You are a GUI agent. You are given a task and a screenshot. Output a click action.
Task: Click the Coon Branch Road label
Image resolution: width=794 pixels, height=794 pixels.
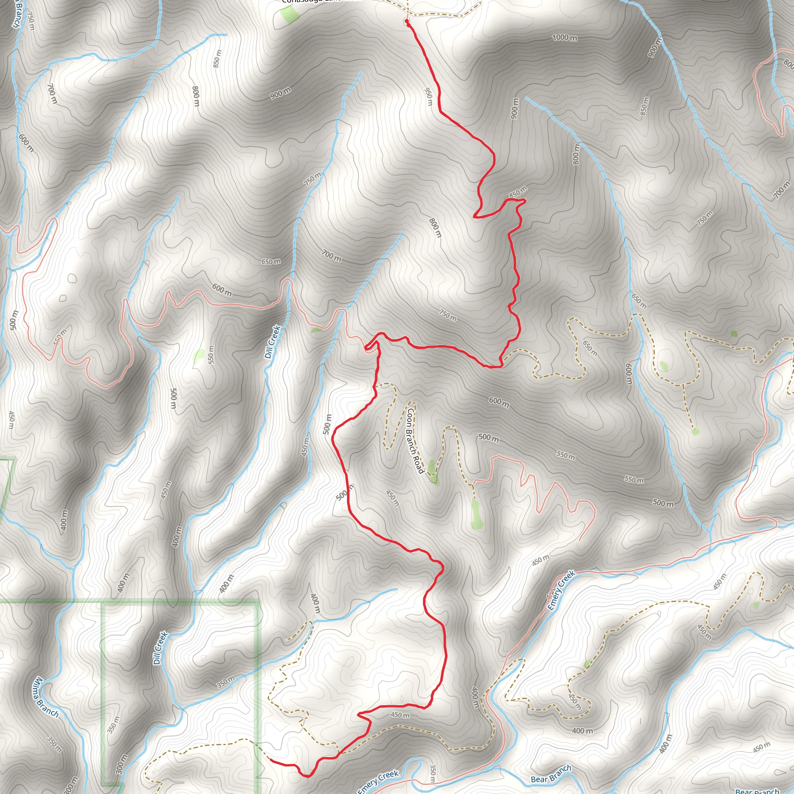point(415,440)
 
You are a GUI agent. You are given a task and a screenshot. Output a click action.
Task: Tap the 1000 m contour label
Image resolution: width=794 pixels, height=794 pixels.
point(564,38)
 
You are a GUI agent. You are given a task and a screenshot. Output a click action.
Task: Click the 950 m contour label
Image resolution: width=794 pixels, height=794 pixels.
point(429,97)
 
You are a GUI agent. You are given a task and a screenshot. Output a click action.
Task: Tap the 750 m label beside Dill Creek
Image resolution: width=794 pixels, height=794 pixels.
point(313,179)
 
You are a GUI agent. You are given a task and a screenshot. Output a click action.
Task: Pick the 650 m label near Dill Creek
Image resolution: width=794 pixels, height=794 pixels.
point(271,262)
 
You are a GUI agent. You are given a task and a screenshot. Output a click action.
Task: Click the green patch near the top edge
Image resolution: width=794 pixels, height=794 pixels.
point(290,15)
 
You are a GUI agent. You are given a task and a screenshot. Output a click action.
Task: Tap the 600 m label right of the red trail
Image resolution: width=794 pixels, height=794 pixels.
point(499,402)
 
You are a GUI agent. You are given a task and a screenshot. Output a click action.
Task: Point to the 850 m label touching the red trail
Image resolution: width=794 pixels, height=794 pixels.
point(518,192)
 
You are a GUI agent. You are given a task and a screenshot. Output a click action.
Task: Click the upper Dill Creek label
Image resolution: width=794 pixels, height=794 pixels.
point(273,342)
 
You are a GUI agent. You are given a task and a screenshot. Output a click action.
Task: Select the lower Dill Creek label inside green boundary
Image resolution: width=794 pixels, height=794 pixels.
point(160,648)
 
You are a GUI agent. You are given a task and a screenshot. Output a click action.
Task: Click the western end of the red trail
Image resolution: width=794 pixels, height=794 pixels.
point(271,761)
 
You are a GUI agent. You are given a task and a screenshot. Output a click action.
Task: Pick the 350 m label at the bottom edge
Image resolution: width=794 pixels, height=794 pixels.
point(432,773)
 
